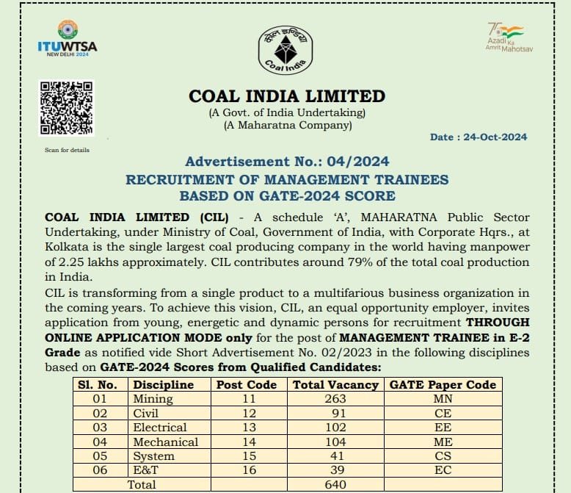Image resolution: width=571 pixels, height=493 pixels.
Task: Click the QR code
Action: tap(66, 108)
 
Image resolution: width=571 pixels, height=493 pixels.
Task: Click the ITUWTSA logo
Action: tap(67, 40)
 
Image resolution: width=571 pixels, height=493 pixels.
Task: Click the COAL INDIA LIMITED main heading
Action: tap(287, 96)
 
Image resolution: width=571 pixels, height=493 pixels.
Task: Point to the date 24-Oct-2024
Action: tap(479, 137)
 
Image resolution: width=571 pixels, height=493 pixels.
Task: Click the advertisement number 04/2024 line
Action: tap(287, 162)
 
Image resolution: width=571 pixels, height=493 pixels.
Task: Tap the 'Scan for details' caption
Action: tap(67, 151)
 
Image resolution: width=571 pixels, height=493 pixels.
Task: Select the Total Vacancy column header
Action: tap(335, 385)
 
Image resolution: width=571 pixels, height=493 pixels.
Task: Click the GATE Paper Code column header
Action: tap(443, 385)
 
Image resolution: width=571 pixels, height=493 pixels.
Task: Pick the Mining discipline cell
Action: tap(153, 399)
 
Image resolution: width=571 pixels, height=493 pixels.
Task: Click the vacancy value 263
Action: tap(335, 399)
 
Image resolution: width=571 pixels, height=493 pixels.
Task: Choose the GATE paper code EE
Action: tap(443, 428)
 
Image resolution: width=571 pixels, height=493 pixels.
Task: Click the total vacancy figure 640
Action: tap(335, 485)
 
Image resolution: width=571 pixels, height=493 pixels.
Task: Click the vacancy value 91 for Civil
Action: tap(335, 413)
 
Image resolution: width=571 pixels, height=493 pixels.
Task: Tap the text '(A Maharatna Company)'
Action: tap(287, 125)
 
